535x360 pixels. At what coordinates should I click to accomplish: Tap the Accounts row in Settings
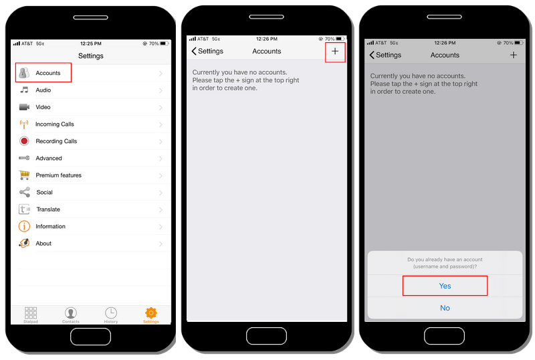tap(47, 73)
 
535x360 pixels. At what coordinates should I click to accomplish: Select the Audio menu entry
tap(43, 90)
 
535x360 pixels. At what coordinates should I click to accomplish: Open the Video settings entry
tap(43, 107)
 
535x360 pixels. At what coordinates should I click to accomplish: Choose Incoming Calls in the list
tap(54, 124)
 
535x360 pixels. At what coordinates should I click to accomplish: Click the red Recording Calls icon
tap(24, 141)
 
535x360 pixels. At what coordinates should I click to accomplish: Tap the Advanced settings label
tap(49, 159)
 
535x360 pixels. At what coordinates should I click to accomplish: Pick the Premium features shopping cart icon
tap(24, 175)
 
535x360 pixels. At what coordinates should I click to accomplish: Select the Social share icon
tap(24, 192)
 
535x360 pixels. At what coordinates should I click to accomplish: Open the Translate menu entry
tap(47, 209)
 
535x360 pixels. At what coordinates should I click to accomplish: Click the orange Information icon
tap(24, 226)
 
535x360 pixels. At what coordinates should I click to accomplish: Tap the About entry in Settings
tap(43, 244)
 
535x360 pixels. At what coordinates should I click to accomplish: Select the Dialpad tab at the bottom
tap(31, 315)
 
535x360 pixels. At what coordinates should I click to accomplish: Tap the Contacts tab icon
tap(71, 314)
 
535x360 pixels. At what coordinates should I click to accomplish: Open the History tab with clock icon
tap(111, 314)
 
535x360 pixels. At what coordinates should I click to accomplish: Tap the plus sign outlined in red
tap(335, 52)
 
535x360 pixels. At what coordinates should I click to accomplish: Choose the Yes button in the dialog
tap(445, 286)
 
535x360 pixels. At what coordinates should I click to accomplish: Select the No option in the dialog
tap(445, 308)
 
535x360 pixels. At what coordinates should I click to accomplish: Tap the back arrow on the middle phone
tap(195, 52)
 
